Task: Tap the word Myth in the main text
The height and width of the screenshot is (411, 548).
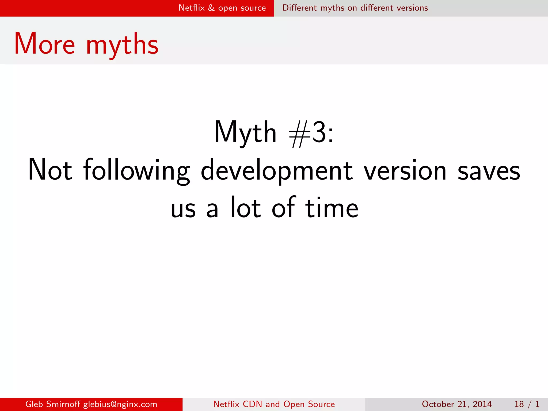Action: click(245, 132)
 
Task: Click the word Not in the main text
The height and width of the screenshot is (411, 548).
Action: click(50, 170)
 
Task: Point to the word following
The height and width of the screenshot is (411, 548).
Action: click(136, 171)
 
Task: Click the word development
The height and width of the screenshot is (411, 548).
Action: click(277, 171)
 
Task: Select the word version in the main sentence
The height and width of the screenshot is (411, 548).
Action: click(405, 171)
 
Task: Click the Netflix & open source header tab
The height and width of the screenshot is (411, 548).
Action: click(222, 8)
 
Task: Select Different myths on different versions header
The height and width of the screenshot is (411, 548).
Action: click(355, 8)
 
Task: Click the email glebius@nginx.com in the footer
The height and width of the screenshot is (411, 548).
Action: click(120, 404)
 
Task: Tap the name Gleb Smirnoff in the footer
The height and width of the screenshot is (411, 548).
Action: click(52, 404)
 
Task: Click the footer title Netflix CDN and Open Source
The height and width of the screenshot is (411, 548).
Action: click(274, 404)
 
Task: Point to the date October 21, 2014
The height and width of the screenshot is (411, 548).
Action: click(457, 404)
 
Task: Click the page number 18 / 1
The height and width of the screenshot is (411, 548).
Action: click(527, 404)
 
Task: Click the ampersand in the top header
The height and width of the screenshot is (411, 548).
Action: click(211, 8)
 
